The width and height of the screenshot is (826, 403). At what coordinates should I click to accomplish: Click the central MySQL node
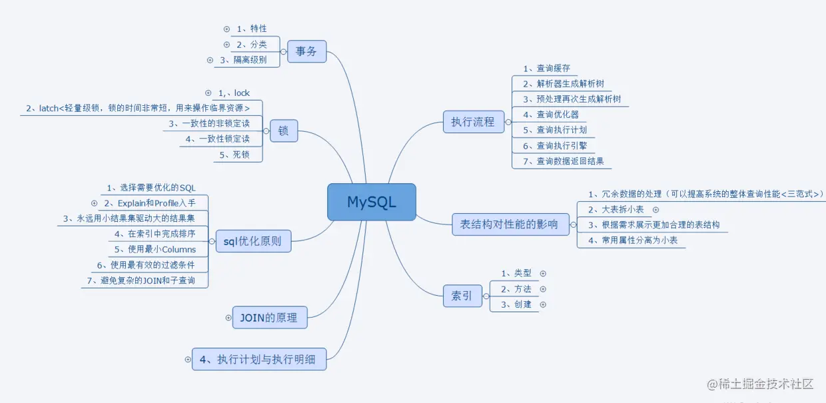tap(372, 202)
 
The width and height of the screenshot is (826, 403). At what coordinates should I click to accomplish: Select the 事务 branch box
tap(306, 51)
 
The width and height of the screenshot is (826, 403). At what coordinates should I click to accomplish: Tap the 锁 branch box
tap(284, 131)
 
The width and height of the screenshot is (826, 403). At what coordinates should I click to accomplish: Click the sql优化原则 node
tap(253, 241)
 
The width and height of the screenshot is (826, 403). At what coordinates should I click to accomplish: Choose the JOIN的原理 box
tap(269, 318)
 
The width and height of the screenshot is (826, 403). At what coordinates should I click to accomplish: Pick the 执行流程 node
tap(473, 122)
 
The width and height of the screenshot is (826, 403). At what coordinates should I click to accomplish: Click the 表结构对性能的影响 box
tap(510, 224)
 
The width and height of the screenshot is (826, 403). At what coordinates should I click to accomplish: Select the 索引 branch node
tap(462, 296)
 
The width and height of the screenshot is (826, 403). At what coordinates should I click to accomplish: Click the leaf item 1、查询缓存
tap(546, 69)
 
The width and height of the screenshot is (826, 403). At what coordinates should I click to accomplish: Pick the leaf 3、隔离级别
tap(243, 60)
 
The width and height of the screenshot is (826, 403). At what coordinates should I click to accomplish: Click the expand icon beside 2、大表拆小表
tap(655, 210)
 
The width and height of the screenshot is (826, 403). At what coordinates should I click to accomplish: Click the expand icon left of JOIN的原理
tap(228, 318)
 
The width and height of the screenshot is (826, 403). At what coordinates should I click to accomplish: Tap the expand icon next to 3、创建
tap(542, 304)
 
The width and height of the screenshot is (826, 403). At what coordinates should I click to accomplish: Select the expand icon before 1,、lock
tap(208, 93)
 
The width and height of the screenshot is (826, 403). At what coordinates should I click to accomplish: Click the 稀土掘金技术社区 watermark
tap(761, 384)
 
